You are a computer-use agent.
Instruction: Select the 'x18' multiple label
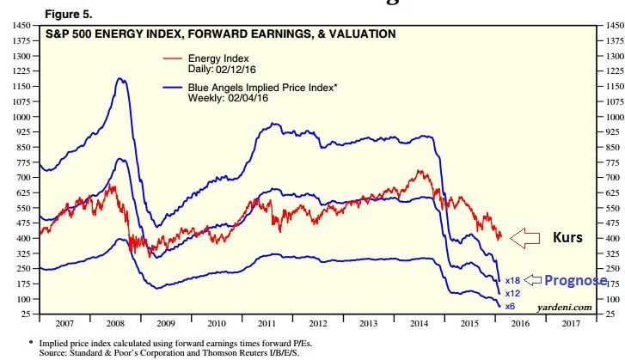point(512,281)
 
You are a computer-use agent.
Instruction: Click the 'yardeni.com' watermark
point(564,307)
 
